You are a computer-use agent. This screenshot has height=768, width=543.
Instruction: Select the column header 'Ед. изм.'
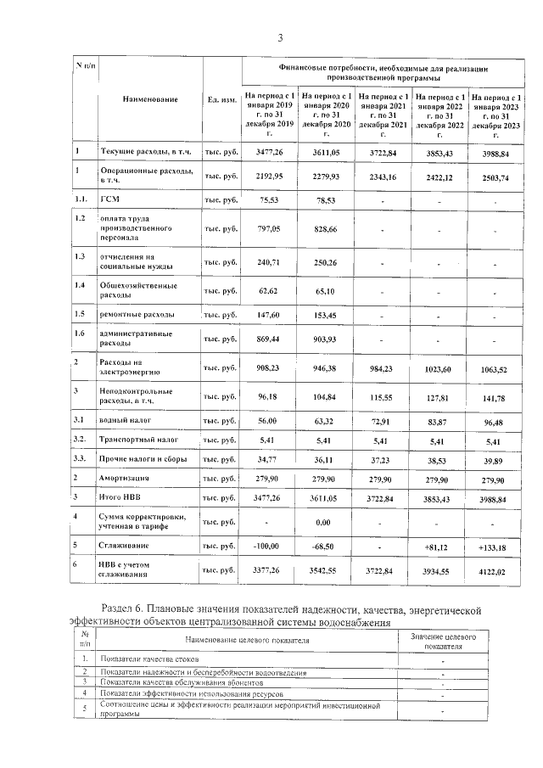point(221,100)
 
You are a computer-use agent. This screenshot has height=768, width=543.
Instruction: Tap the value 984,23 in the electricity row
point(383,368)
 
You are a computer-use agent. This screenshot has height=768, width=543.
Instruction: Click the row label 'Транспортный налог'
point(138,440)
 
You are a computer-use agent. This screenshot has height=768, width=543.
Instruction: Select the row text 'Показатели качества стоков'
point(149,659)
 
